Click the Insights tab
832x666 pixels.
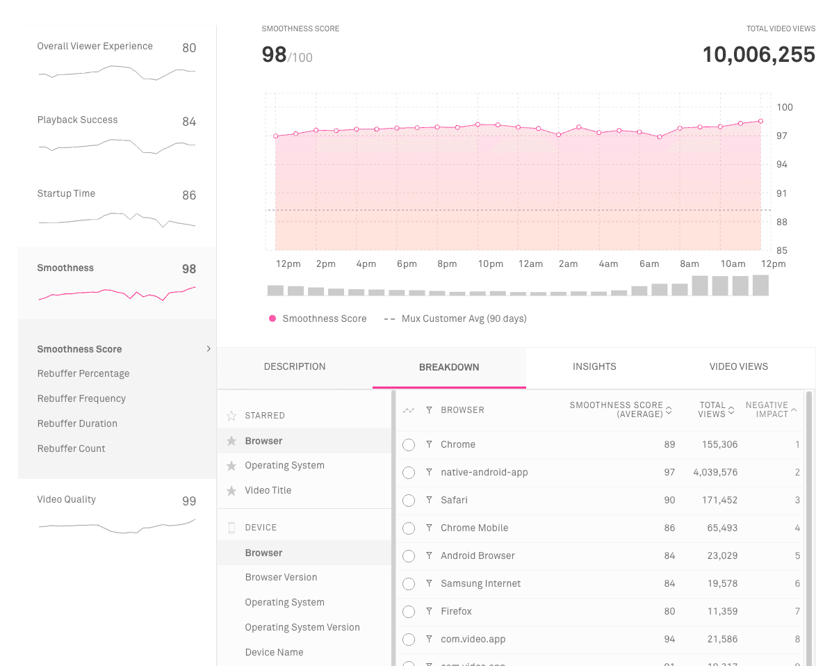(594, 366)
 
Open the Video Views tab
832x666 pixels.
(738, 366)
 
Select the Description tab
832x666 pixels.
(295, 366)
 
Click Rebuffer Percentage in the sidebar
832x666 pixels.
(83, 374)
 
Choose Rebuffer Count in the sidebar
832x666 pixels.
(72, 448)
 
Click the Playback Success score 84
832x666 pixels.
(189, 122)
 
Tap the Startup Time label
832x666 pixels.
(66, 194)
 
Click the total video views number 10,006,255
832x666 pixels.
(758, 55)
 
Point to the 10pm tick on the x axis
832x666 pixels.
(490, 264)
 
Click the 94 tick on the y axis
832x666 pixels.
(782, 165)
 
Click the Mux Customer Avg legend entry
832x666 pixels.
(464, 319)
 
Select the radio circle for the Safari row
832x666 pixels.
(409, 501)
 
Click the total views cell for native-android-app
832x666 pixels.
(715, 473)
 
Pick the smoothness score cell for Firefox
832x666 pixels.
(669, 612)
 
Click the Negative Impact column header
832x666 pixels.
(767, 409)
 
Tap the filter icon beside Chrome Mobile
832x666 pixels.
(430, 528)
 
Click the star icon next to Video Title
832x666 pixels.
(231, 491)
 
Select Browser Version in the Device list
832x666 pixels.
(281, 578)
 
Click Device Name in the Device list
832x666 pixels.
(274, 653)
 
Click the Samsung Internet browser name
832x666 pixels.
(480, 584)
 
